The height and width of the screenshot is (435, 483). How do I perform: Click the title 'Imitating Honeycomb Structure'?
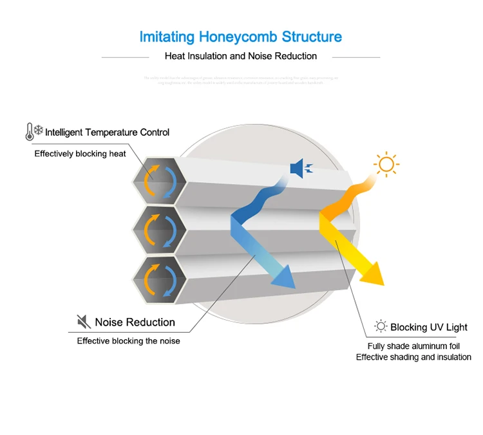tap(241, 36)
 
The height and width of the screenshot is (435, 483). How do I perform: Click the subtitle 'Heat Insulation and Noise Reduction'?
tap(241, 56)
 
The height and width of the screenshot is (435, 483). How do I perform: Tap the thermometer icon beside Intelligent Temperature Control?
tap(29, 132)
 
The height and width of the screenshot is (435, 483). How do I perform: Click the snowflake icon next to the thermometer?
tap(39, 131)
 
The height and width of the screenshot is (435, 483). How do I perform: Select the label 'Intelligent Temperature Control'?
tap(108, 133)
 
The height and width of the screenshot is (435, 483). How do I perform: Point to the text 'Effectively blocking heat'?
tap(80, 154)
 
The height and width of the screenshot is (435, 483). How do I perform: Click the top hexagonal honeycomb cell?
tap(158, 180)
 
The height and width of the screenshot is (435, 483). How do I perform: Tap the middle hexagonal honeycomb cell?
tap(158, 228)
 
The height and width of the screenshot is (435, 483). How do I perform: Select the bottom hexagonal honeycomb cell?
tap(158, 278)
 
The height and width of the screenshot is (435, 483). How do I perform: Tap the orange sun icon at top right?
tap(386, 165)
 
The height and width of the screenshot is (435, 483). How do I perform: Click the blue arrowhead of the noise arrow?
tap(283, 278)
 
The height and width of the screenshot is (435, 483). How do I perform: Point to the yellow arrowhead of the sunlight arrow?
tap(372, 275)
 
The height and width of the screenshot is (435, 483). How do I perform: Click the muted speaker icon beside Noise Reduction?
tap(83, 321)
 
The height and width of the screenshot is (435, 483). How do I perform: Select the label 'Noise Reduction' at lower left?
tap(135, 322)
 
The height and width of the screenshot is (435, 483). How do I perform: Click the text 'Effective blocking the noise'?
tap(128, 340)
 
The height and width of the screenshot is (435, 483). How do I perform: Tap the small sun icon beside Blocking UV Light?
tap(381, 327)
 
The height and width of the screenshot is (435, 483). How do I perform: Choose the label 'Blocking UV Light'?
tap(429, 327)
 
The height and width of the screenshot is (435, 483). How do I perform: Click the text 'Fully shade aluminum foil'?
tap(413, 346)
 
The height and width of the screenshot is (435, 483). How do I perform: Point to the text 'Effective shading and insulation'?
tap(413, 357)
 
